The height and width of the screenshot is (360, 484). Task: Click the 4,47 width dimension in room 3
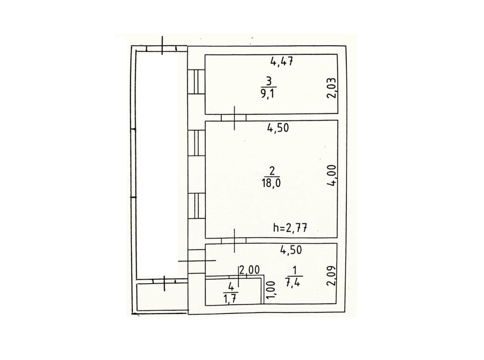pyautogui.click(x=281, y=61)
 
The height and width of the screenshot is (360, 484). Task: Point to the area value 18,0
pyautogui.click(x=271, y=183)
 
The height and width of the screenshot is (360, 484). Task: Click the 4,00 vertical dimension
pyautogui.click(x=332, y=175)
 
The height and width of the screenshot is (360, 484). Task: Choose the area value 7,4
pyautogui.click(x=293, y=283)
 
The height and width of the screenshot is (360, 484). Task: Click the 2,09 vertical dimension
pyautogui.click(x=332, y=276)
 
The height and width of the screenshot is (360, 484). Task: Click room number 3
pyautogui.click(x=269, y=82)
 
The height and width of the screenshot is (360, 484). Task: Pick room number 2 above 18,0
pyautogui.click(x=272, y=171)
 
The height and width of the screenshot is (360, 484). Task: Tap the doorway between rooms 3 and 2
pyautogui.click(x=234, y=117)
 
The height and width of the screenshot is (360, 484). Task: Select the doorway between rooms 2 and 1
pyautogui.click(x=234, y=241)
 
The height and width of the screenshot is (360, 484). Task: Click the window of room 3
pyautogui.click(x=197, y=82)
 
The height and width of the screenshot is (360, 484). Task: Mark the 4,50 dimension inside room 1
pyautogui.click(x=291, y=250)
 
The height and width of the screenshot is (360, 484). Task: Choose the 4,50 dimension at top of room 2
pyautogui.click(x=278, y=128)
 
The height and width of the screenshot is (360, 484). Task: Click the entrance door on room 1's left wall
pyautogui.click(x=197, y=261)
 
